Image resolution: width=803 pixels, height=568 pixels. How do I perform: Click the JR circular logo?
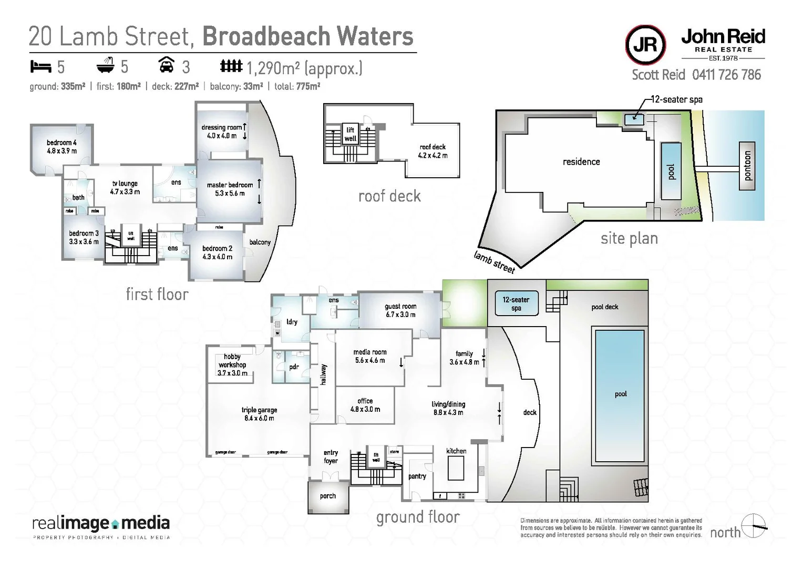tap(645, 45)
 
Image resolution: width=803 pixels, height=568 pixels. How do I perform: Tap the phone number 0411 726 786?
tap(726, 75)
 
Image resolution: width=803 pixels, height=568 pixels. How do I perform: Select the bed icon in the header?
tap(40, 67)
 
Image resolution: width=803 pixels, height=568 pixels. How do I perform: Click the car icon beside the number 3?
tap(167, 65)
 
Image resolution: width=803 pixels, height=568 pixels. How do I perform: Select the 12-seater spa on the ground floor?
tap(516, 304)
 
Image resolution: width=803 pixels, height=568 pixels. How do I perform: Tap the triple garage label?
tap(259, 414)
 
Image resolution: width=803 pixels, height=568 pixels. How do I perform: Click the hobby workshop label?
tap(232, 364)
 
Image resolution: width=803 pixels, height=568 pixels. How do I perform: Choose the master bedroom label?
tap(230, 189)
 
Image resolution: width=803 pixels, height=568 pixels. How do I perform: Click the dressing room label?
tap(221, 131)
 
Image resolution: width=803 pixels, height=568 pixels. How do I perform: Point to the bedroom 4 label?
tap(61, 147)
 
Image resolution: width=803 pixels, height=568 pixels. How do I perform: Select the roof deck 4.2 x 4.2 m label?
tap(433, 151)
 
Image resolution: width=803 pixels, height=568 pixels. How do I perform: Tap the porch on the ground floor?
tap(328, 496)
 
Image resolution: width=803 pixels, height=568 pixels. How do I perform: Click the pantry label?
tap(417, 476)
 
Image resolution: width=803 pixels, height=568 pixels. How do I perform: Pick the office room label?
tap(365, 405)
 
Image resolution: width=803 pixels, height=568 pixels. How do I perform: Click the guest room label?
tap(400, 310)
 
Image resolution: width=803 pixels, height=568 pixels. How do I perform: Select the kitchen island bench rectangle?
tap(455, 468)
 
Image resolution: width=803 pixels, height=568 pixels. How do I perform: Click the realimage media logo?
tap(101, 525)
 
